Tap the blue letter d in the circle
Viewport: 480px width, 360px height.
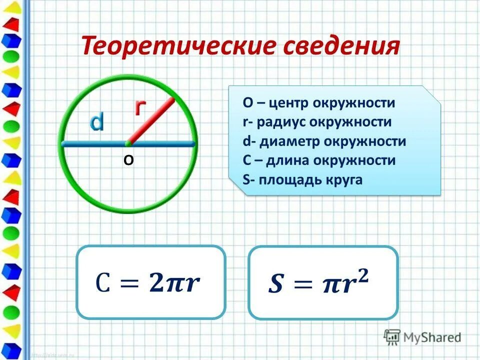(x=96, y=122)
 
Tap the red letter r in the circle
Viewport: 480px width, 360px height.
(x=141, y=107)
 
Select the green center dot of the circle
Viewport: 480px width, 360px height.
(x=128, y=143)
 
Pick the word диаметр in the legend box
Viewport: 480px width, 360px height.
(x=289, y=141)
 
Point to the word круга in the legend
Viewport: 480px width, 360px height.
(x=344, y=180)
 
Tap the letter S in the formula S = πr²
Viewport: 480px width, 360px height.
(x=275, y=285)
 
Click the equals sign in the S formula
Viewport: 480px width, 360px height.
(x=302, y=285)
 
